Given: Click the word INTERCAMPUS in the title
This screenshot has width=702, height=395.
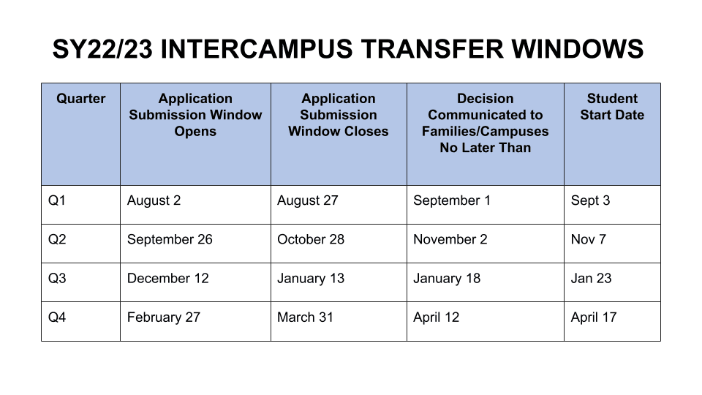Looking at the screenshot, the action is [x=257, y=49].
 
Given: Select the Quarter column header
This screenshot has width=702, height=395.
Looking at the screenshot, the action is [x=81, y=99].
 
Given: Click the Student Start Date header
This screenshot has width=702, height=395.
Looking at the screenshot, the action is [x=612, y=107].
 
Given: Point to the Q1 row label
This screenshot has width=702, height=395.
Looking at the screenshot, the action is [x=57, y=200].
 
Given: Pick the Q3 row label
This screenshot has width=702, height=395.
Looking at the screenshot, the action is [x=57, y=278].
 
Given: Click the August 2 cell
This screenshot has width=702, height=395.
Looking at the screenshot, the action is [x=154, y=200].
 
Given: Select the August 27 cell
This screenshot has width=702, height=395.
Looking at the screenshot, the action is [x=308, y=200].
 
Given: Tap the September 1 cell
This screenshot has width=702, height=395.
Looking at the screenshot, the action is [x=452, y=200].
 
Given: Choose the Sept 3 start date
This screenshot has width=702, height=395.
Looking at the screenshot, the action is [x=591, y=200].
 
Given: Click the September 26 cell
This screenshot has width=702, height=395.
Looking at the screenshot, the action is [x=170, y=240].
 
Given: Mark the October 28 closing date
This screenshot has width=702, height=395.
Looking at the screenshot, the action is [x=311, y=239].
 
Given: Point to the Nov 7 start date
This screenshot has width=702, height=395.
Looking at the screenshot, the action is [x=588, y=239].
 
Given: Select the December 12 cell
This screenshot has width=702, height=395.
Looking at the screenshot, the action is [x=168, y=278].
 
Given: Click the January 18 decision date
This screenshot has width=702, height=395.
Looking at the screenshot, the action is [x=447, y=279].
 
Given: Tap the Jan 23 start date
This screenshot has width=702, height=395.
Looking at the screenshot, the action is [x=591, y=278].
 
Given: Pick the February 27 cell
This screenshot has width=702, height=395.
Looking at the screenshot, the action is [x=164, y=317].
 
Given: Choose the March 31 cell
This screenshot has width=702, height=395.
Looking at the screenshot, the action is [x=306, y=317].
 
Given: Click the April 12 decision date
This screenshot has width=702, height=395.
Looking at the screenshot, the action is [x=436, y=317].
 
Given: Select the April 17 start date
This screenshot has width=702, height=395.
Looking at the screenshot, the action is [x=594, y=317].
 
